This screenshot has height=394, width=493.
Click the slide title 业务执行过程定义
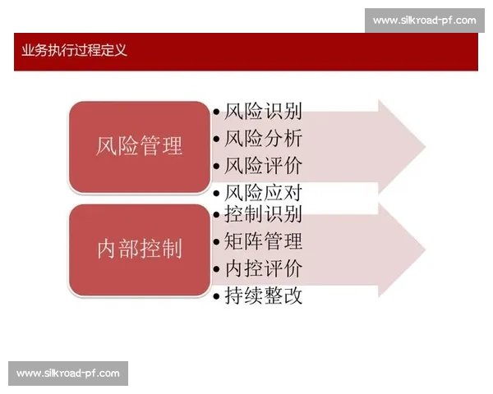75,50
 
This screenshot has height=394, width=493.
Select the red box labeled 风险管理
139,147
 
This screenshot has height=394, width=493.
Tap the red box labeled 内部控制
139,250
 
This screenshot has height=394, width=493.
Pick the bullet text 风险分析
263,139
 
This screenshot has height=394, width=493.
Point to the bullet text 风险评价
263,166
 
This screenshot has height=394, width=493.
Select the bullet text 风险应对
263,194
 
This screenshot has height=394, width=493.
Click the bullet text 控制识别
263,215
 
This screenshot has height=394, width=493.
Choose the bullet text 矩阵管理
263,241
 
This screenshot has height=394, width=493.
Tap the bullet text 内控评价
263,268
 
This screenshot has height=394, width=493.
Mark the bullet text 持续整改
263,295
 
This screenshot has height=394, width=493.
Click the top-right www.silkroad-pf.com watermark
424,20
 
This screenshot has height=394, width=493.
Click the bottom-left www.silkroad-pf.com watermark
68,373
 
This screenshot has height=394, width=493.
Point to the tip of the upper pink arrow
424,148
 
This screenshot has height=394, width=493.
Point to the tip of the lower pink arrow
424,250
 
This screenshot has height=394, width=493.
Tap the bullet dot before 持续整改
216,296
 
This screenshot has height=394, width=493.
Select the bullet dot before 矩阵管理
216,242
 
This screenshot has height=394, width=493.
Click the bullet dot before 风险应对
216,195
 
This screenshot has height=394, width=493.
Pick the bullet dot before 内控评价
216,269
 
